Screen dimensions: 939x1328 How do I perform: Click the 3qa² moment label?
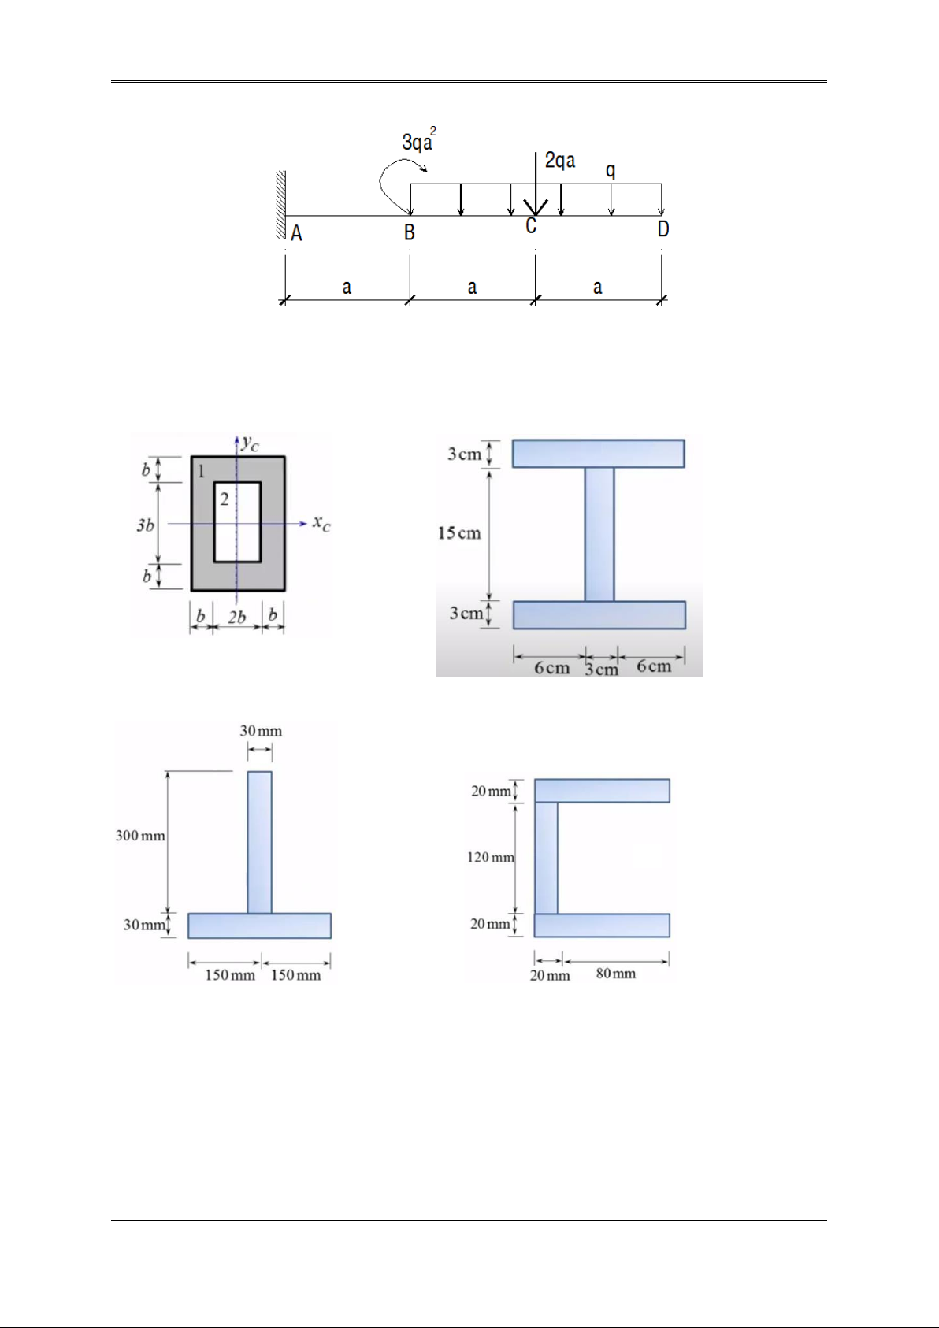[419, 140]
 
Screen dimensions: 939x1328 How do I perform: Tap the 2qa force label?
[560, 161]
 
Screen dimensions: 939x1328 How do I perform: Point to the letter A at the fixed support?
[296, 234]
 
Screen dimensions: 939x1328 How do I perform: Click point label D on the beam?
[662, 229]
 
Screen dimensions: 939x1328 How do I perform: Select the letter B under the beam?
[409, 232]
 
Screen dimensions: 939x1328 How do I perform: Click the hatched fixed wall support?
[281, 205]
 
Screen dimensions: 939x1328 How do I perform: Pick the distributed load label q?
[610, 171]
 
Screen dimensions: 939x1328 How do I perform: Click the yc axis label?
[251, 443]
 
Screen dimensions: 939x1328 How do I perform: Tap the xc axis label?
[321, 523]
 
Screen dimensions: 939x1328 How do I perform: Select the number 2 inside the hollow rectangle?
[224, 499]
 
